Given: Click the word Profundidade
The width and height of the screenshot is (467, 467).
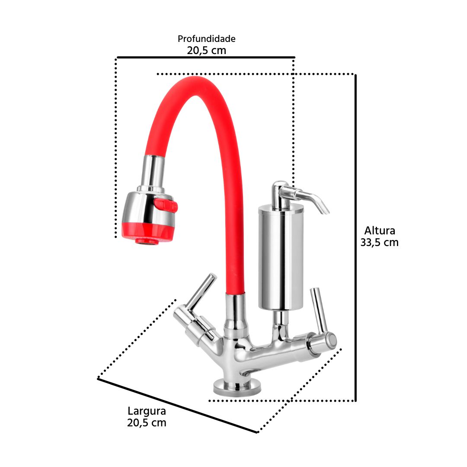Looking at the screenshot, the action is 206,39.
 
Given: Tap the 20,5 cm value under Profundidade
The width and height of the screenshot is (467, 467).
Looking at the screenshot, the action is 206,50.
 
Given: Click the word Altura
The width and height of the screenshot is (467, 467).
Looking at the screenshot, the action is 380,230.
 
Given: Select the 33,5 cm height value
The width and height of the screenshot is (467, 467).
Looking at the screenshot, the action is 380,243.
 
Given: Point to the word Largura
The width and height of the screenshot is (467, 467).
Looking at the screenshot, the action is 147,411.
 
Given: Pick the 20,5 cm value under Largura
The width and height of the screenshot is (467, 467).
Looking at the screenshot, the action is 147,422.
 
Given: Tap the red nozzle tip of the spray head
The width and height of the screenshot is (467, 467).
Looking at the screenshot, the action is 147,241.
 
